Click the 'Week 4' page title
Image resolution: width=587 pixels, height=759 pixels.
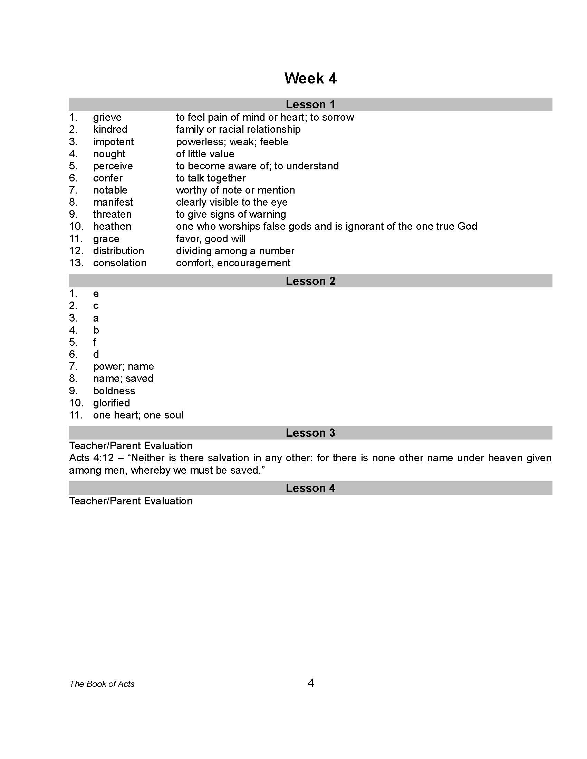[x=310, y=78]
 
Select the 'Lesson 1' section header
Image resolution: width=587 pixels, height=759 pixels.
[x=310, y=104]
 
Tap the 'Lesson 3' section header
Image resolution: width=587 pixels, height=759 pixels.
[x=310, y=433]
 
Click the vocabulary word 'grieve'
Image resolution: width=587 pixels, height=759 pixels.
[x=107, y=117]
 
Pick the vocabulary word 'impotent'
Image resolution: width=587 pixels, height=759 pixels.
[x=113, y=142]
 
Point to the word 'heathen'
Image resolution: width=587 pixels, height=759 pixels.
[x=112, y=227]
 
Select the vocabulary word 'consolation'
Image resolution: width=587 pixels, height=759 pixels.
[x=119, y=263]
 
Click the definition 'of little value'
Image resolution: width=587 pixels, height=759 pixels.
[x=205, y=154]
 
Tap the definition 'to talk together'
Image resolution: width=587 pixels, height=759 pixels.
[x=211, y=178]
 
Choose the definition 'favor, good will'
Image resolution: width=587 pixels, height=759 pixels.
[x=211, y=239]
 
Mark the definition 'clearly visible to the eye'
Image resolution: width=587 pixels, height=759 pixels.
[x=232, y=202]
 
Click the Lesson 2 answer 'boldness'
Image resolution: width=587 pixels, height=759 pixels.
[x=114, y=391]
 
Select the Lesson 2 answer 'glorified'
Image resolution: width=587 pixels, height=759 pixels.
[x=111, y=403]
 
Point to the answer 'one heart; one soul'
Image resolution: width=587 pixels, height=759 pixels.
[x=138, y=415]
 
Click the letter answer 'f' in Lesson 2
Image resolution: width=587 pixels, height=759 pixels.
[x=95, y=342]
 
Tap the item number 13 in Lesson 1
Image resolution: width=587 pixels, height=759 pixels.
[x=76, y=263]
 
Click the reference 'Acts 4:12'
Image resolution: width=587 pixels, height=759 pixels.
[x=92, y=458]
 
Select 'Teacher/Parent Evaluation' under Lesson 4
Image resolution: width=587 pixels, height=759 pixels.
[x=131, y=501]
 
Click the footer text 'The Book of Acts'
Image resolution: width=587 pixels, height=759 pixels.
[x=102, y=684]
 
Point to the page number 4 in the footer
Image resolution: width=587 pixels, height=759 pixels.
[x=311, y=683]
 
